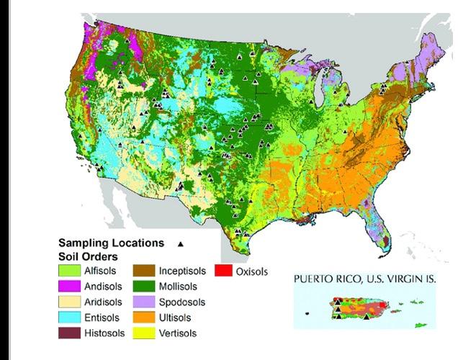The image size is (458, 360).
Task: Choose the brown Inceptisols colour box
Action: click(146, 271)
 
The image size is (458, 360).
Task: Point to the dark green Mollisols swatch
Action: click(146, 287)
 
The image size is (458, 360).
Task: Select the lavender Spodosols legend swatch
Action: click(146, 302)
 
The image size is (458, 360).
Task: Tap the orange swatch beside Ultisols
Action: click(146, 318)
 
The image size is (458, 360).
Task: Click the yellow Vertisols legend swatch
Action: click(146, 333)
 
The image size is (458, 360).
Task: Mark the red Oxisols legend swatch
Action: click(223, 271)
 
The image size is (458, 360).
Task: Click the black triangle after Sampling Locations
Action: click(181, 243)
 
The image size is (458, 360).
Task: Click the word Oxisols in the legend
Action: click(251, 272)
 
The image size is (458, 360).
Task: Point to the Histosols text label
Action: click(105, 333)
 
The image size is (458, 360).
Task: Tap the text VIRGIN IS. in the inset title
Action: click(413, 278)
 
